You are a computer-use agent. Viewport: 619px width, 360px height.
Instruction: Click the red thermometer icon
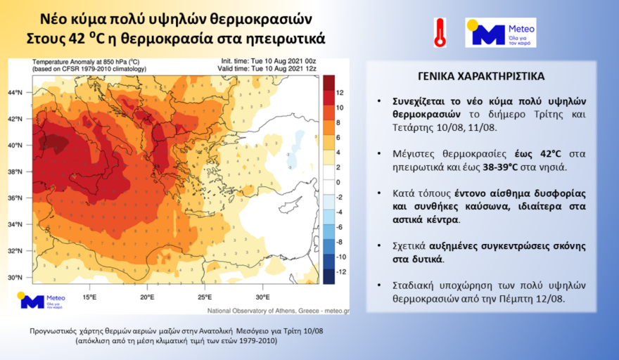click(440, 32)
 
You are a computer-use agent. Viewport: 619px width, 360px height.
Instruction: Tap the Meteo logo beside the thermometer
click(501, 32)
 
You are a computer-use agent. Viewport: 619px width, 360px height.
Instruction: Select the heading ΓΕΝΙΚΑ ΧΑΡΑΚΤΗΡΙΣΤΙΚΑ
click(480, 76)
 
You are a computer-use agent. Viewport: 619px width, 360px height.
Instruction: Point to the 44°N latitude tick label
click(17, 93)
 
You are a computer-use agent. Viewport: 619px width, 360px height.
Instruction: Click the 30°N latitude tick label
click(17, 278)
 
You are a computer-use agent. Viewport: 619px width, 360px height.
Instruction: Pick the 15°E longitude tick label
click(89, 297)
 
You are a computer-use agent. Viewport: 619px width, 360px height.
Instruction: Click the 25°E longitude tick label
click(205, 297)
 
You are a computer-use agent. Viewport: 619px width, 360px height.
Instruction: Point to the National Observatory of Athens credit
click(277, 310)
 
